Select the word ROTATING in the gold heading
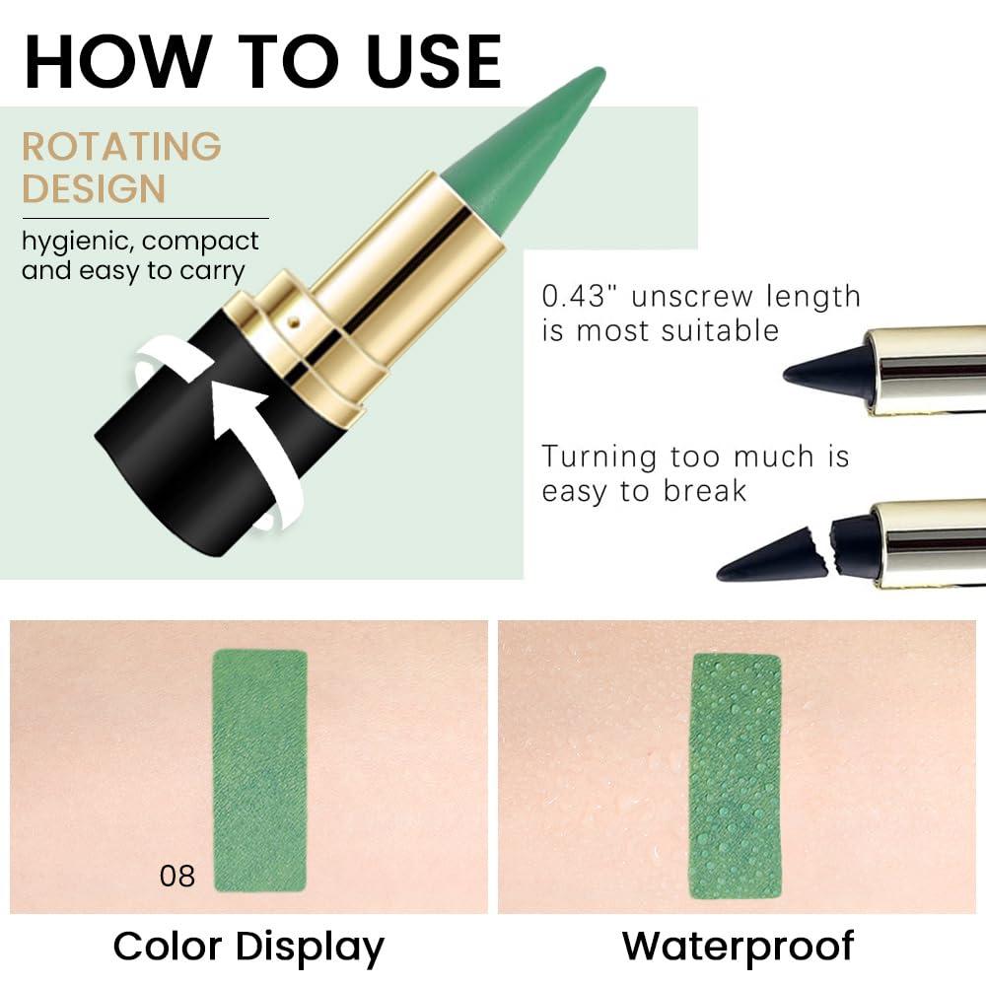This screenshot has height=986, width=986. [x=121, y=147]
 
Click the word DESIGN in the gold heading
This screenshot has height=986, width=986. [x=94, y=188]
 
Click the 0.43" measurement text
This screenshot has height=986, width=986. [x=577, y=297]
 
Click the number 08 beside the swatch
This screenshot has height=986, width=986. [x=177, y=876]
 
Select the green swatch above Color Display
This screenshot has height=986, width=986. [x=260, y=770]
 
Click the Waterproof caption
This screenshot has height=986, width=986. [x=738, y=946]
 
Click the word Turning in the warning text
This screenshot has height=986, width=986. [x=599, y=458]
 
